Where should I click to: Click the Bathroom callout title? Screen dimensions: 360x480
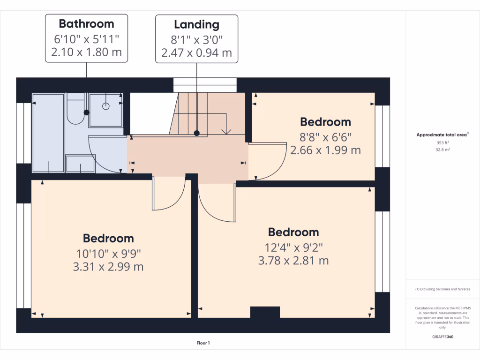point(86,24)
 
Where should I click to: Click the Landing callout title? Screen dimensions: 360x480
point(196,24)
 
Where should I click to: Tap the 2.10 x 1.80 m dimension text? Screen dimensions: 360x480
point(86,52)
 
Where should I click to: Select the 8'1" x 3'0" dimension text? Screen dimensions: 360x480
point(196,39)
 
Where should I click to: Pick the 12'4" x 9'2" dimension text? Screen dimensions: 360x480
point(293,247)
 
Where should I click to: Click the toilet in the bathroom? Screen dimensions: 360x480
point(75,111)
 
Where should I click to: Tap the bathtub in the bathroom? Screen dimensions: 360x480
point(48,132)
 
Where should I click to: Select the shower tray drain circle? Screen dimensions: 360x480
point(106,106)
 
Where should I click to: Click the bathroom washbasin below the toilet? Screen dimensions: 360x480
point(81,164)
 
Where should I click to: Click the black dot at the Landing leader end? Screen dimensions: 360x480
point(197,133)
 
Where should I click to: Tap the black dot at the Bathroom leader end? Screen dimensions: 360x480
point(86,112)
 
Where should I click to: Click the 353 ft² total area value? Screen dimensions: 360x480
point(442,143)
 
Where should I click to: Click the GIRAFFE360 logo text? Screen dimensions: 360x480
point(443,337)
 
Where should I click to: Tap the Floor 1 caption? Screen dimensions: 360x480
point(203,343)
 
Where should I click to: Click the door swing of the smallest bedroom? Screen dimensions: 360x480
point(267,162)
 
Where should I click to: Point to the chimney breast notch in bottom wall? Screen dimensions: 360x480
point(265,312)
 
